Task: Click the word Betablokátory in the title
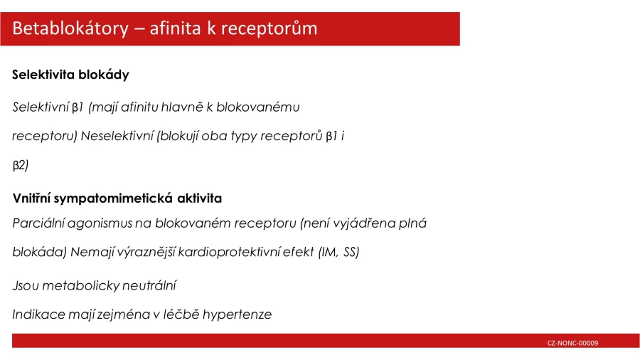70,28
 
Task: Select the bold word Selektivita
43,75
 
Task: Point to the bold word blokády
104,75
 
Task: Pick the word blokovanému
258,107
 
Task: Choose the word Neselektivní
117,135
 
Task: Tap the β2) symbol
21,165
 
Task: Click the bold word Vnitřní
31,198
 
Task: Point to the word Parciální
38,223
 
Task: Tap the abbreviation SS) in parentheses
351,252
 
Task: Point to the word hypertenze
237,314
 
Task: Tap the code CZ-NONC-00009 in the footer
572,343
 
